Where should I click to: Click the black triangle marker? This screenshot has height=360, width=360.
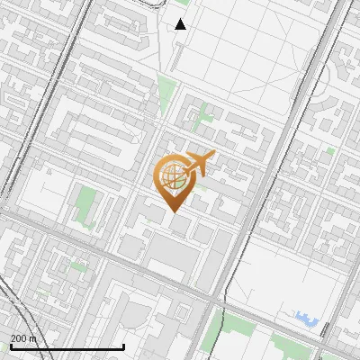pos(181,24)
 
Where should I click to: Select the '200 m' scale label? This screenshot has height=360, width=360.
pos(24,338)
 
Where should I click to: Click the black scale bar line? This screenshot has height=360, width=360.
pos(67,346)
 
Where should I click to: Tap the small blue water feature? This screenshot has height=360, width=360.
pos(306,318)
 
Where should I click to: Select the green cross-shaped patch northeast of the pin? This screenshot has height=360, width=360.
pos(205,114)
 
